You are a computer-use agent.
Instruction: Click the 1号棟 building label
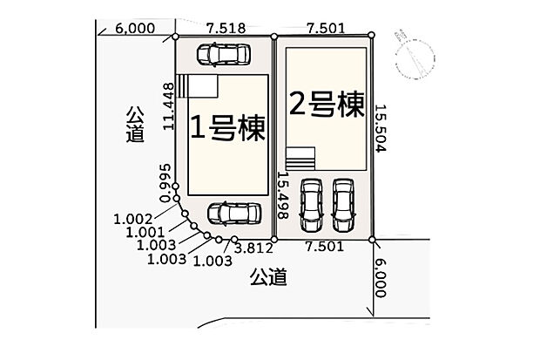(x=227, y=128)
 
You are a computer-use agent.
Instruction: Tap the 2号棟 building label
(x=327, y=104)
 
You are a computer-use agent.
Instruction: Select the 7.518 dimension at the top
(x=226, y=28)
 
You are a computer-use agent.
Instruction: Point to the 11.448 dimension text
(x=169, y=106)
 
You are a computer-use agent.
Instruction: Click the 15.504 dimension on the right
(x=381, y=128)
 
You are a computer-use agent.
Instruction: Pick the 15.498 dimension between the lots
(x=283, y=195)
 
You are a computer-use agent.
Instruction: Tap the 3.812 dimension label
(x=253, y=248)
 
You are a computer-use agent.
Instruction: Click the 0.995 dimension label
(x=165, y=183)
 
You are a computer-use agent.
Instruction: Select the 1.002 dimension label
(x=133, y=219)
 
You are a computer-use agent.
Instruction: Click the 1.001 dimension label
(x=145, y=232)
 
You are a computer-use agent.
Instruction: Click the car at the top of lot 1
(x=223, y=54)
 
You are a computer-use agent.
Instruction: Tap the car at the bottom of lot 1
(x=234, y=214)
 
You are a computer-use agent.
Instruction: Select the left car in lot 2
(x=311, y=205)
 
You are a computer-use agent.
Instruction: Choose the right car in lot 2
(x=343, y=205)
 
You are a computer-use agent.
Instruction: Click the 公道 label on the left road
(x=135, y=125)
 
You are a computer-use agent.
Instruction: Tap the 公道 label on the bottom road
(x=268, y=277)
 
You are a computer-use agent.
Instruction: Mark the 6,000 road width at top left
(x=135, y=29)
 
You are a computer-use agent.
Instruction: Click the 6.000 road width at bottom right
(x=380, y=278)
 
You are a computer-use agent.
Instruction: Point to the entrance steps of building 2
(x=300, y=159)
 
